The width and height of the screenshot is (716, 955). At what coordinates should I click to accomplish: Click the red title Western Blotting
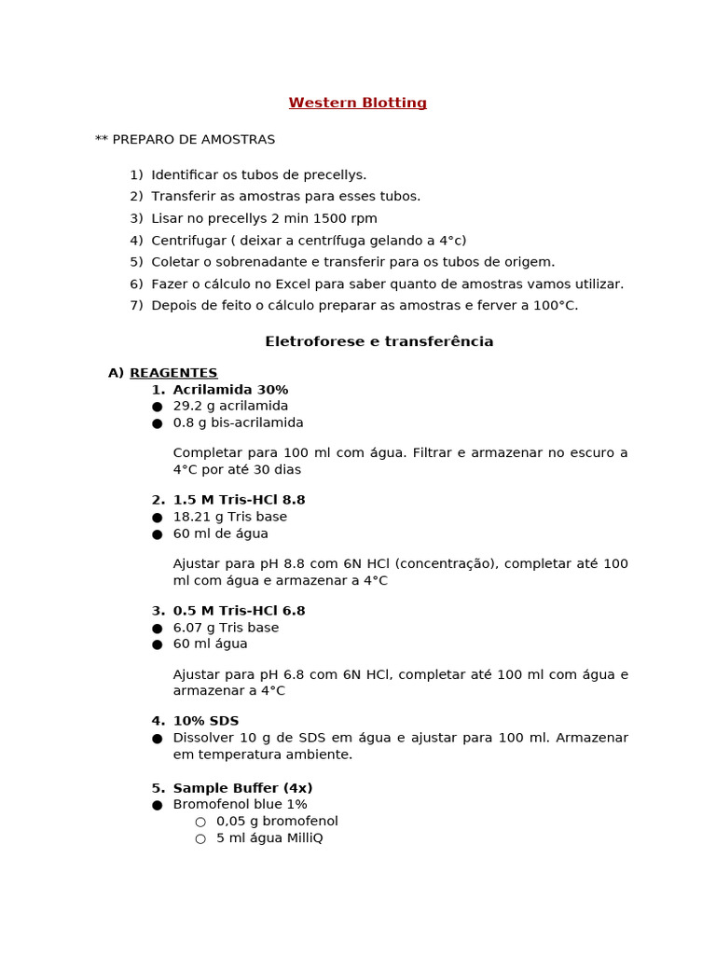pyautogui.click(x=357, y=104)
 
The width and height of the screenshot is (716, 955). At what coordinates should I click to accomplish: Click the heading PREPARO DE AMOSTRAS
pyautogui.click(x=193, y=140)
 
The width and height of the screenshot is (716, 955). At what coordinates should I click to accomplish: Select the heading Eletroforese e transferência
pyautogui.click(x=379, y=342)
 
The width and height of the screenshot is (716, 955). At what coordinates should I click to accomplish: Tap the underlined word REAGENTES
pyautogui.click(x=173, y=373)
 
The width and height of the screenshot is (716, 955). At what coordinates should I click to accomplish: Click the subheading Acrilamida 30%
pyautogui.click(x=230, y=390)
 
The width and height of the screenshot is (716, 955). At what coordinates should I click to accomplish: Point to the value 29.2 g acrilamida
pyautogui.click(x=230, y=407)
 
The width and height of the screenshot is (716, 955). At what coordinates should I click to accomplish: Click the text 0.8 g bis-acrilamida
pyautogui.click(x=238, y=423)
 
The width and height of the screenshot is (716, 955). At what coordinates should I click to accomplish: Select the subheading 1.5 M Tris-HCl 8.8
pyautogui.click(x=239, y=501)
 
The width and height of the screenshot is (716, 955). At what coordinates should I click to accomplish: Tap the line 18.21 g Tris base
pyautogui.click(x=229, y=518)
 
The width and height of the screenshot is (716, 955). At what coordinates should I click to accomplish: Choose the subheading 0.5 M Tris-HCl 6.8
pyautogui.click(x=239, y=612)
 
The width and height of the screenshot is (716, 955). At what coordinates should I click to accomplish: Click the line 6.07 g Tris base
pyautogui.click(x=226, y=629)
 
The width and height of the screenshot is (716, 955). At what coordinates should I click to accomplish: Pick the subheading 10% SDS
pyautogui.click(x=206, y=722)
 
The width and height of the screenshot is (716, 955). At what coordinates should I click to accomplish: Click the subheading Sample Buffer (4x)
pyautogui.click(x=242, y=789)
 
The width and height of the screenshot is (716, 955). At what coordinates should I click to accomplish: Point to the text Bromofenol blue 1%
pyautogui.click(x=240, y=805)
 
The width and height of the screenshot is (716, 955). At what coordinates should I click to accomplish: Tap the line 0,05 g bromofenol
pyautogui.click(x=277, y=822)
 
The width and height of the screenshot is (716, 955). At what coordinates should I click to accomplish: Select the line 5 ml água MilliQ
pyautogui.click(x=269, y=838)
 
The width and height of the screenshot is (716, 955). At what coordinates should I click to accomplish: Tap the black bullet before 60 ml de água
pyautogui.click(x=157, y=534)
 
